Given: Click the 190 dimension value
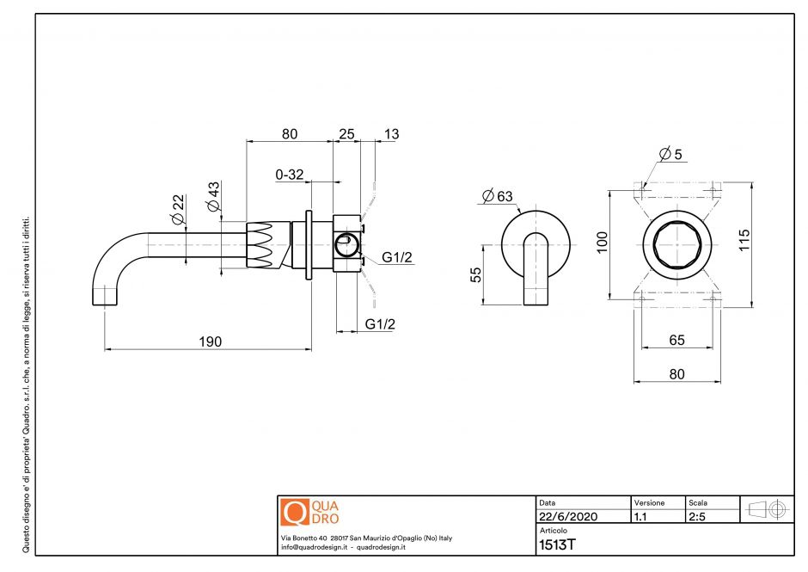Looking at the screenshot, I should (211, 341).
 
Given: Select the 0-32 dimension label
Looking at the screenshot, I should (290, 175).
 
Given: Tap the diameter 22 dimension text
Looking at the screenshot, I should (178, 210).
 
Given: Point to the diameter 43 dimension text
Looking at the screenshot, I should (212, 198).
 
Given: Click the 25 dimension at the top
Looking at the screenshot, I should (346, 133).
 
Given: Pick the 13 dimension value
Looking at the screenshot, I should (391, 133).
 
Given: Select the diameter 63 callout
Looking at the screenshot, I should (497, 197).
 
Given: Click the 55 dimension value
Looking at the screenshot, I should (475, 274).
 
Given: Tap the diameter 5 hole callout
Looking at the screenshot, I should (670, 155).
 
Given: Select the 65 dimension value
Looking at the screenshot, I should (676, 340).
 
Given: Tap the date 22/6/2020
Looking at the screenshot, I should (567, 517).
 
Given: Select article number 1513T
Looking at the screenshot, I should (556, 544).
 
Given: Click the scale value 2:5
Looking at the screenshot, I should (697, 517).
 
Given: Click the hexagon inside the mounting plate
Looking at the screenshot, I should (676, 242).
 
